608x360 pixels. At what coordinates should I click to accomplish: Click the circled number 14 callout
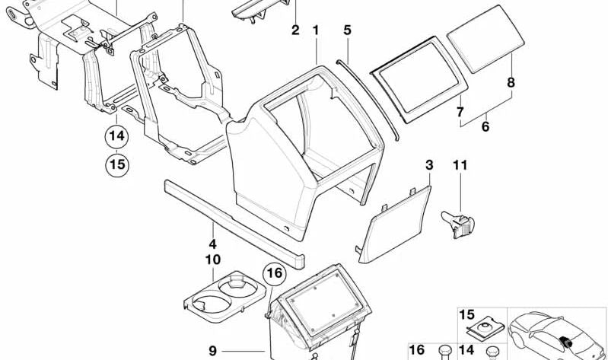(116, 136)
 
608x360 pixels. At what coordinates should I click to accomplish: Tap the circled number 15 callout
(117, 164)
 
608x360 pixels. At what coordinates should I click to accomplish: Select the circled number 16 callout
(275, 274)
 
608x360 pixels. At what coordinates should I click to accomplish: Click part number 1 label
(316, 30)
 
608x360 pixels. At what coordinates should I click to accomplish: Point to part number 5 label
(347, 30)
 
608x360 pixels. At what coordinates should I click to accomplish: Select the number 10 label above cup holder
(212, 260)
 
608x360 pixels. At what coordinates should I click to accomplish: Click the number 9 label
(212, 351)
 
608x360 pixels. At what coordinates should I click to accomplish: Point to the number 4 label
(212, 244)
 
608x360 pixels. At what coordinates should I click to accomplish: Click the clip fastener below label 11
(458, 224)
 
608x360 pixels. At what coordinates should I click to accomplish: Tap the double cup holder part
(224, 298)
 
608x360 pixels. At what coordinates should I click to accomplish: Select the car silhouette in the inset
(556, 336)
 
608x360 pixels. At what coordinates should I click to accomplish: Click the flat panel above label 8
(485, 39)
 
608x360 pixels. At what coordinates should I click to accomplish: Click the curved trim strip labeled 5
(368, 99)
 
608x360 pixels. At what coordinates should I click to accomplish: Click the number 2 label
(295, 30)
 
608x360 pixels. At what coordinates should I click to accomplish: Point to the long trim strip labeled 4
(234, 225)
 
